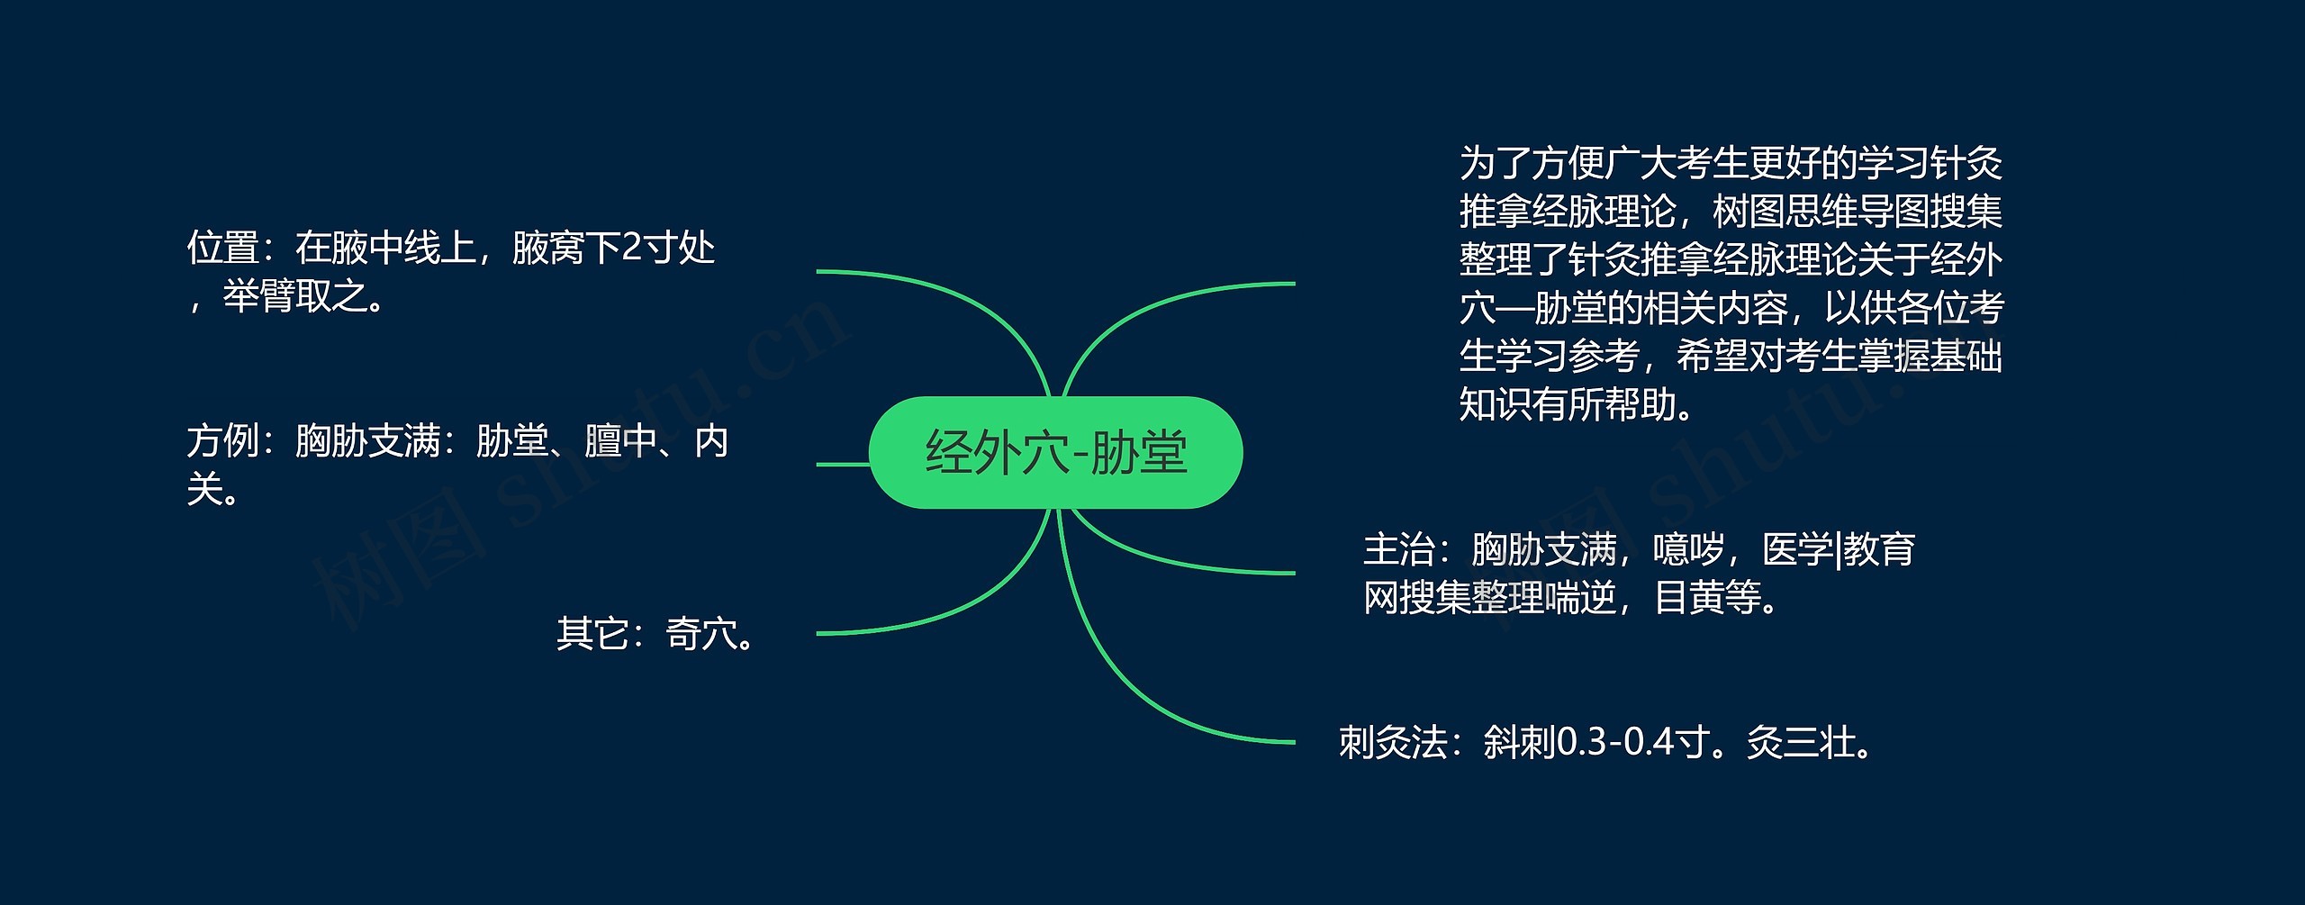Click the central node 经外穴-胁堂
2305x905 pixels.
(x=1055, y=452)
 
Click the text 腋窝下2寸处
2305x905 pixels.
(x=612, y=249)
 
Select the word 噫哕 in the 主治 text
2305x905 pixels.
(x=1688, y=549)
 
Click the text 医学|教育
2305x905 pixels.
(x=1838, y=549)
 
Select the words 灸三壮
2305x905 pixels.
(x=1800, y=744)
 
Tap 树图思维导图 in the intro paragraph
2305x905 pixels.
(x=1820, y=213)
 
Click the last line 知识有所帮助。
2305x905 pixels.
(x=1577, y=405)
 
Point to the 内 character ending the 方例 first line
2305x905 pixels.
(x=711, y=442)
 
